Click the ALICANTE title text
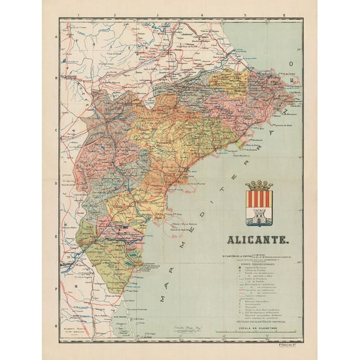(257, 239)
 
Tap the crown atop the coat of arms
(259, 185)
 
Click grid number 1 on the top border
(76, 14)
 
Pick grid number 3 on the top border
(157, 14)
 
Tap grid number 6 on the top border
(284, 14)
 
